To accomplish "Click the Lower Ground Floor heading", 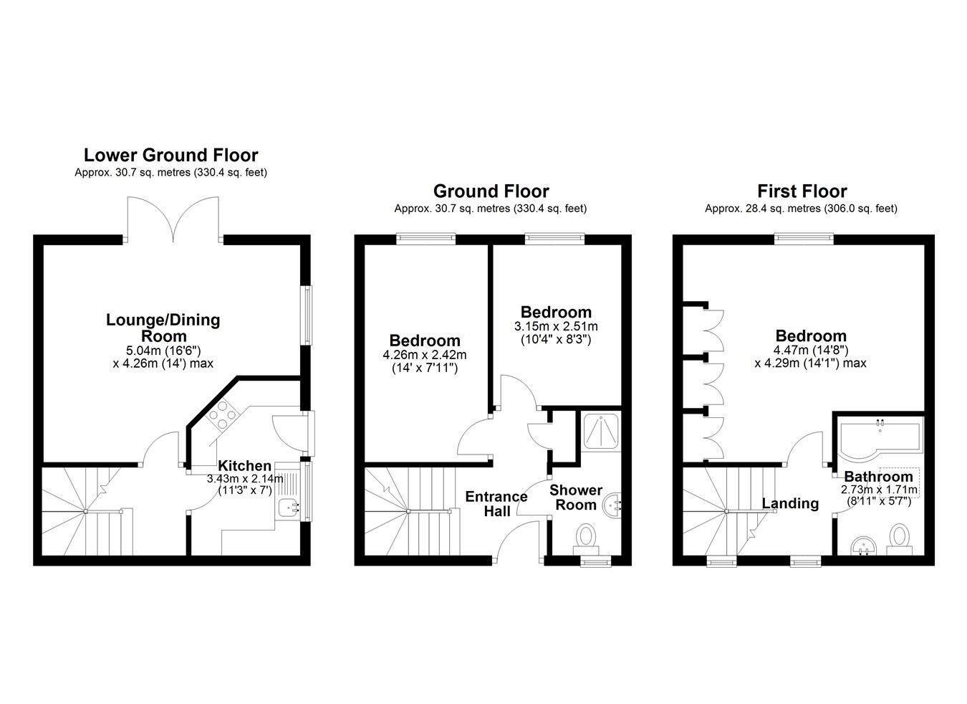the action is (x=170, y=155).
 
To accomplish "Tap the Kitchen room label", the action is (x=245, y=466).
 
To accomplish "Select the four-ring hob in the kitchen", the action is (x=223, y=415).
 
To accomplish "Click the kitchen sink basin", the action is (x=287, y=508).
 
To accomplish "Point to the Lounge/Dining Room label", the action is (x=163, y=328).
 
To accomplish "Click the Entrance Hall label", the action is (x=496, y=504).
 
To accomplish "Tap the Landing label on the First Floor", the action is (x=790, y=503).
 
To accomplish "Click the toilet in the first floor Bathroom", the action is (x=900, y=539).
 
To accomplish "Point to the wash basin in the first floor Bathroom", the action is (x=864, y=546).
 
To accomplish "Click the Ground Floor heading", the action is (x=491, y=191).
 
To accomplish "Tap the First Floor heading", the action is (x=802, y=191).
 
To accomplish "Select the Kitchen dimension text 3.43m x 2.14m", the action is (x=245, y=479).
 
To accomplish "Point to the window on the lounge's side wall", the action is (x=307, y=315).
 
